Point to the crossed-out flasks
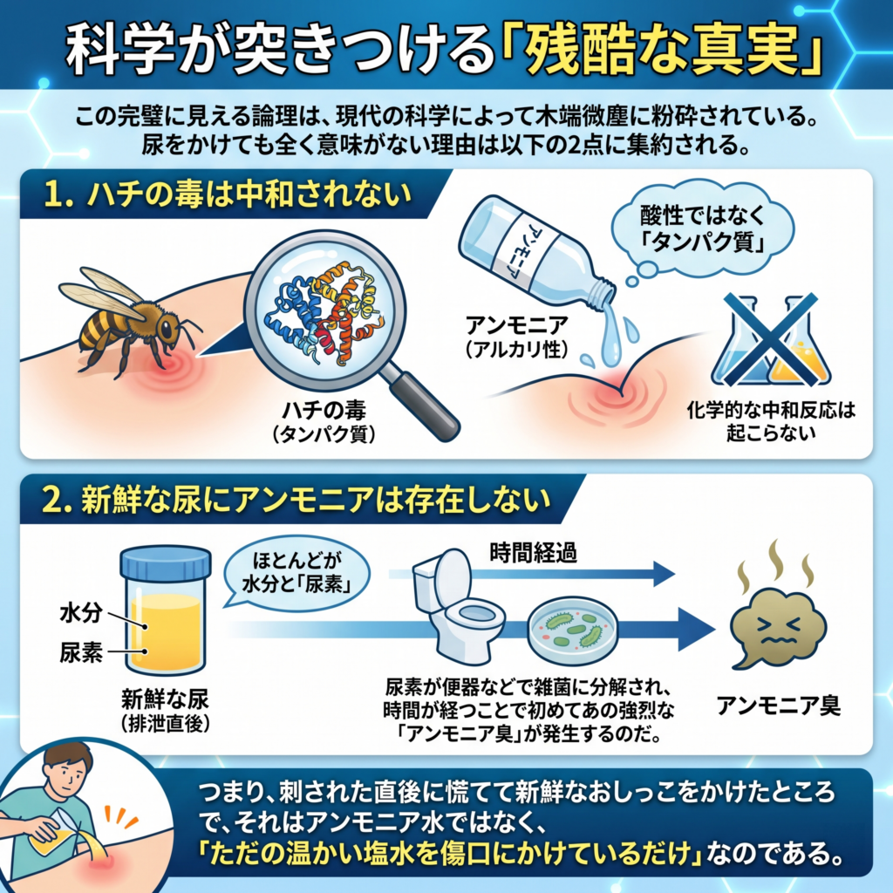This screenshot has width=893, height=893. (770, 341)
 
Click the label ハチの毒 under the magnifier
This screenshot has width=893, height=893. (324, 410)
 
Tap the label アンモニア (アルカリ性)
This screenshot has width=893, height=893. (516, 337)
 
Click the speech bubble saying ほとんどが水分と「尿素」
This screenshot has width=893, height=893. (297, 573)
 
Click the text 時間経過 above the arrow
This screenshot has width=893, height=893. (533, 552)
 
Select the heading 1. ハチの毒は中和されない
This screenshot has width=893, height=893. (228, 194)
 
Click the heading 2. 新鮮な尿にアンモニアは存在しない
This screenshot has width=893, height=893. (297, 500)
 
